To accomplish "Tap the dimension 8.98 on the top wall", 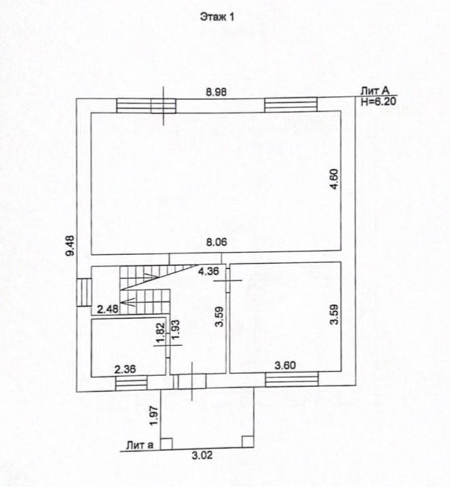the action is (216, 90).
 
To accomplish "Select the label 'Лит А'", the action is (375, 89).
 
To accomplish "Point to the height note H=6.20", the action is (378, 99).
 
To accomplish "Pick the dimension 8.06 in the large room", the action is (217, 241).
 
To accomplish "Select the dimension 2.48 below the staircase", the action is (107, 310).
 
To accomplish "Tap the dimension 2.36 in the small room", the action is (125, 369).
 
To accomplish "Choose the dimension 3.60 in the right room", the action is (285, 367).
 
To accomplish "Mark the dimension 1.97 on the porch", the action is (154, 414).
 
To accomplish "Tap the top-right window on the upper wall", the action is (290, 105).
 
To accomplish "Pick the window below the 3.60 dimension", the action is (291, 379).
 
